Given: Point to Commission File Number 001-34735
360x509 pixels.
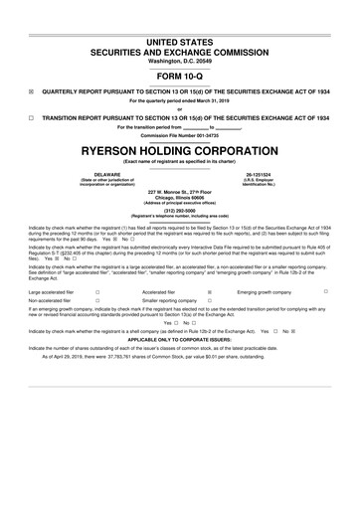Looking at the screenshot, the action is coord(180,135).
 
